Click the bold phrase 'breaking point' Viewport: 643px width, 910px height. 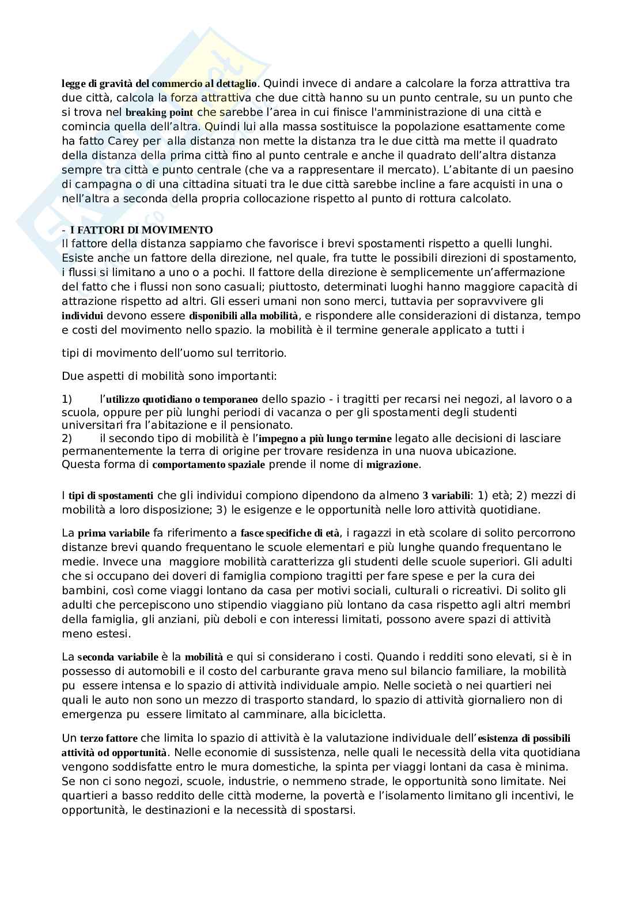[x=159, y=112]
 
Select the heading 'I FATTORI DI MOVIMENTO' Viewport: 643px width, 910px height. [x=141, y=230]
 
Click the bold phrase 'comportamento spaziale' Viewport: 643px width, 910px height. [x=209, y=465]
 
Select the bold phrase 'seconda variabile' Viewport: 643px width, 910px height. [x=118, y=657]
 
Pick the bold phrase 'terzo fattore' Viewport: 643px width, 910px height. [x=109, y=738]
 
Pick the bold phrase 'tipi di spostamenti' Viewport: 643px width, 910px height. [x=111, y=496]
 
